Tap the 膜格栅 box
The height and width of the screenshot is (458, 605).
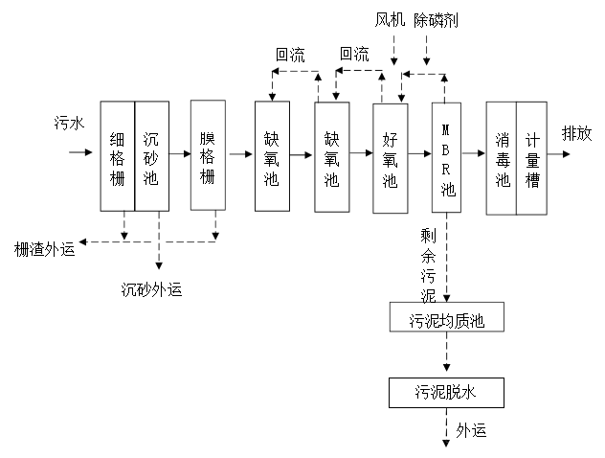[208, 154]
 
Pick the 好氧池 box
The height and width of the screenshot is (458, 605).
[390, 158]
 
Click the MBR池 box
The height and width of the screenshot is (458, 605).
[447, 158]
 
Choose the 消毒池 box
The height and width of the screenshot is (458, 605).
[502, 158]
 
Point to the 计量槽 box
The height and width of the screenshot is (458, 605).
[532, 158]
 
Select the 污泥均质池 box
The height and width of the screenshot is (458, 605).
[446, 317]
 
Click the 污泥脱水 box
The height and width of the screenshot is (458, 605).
[445, 392]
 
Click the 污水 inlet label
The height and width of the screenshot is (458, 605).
[68, 123]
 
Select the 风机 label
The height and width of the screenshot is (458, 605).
[391, 20]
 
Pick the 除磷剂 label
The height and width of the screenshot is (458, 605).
[437, 20]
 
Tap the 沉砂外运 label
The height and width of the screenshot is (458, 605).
[152, 287]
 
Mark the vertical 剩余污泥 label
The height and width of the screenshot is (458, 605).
[428, 263]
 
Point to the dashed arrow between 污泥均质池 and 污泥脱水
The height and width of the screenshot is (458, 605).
[446, 355]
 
